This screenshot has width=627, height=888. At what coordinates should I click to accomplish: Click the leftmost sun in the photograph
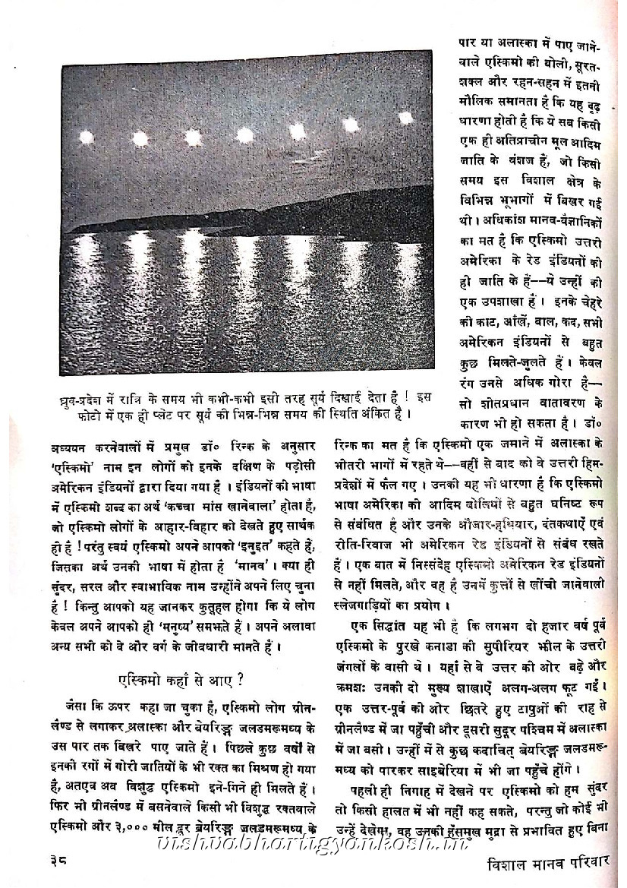86,137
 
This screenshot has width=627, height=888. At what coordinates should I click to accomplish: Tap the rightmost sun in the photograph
405,118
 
